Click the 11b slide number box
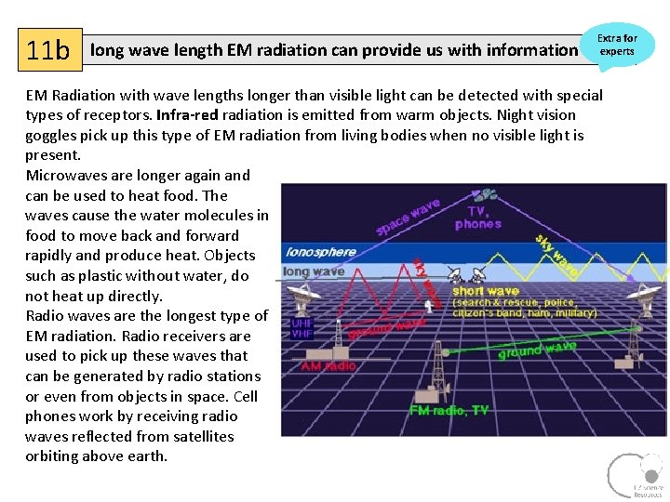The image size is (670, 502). tap(49, 49)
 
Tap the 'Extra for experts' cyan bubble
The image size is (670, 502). tap(617, 45)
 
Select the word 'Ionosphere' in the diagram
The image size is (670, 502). tap(320, 252)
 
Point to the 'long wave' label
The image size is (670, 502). tap(314, 272)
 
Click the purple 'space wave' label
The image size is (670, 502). tap(408, 216)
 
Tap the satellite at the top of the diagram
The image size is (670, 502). tap(486, 195)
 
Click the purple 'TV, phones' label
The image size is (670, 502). tap(478, 218)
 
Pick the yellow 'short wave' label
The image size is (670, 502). tap(485, 291)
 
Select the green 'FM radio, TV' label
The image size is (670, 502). tap(449, 410)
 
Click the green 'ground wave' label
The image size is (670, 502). tap(537, 350)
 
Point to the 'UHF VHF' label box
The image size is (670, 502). tap(302, 328)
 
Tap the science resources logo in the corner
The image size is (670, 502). tap(636, 475)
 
